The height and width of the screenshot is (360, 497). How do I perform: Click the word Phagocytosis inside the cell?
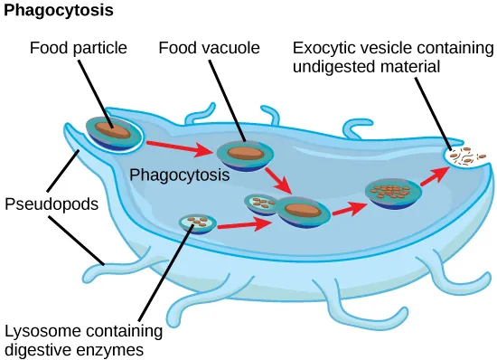[x=179, y=175]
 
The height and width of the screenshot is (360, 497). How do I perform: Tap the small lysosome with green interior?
[x=196, y=222]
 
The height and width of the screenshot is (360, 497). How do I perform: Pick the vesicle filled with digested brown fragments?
[x=390, y=191]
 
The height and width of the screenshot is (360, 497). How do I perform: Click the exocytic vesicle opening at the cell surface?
[x=467, y=157]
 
